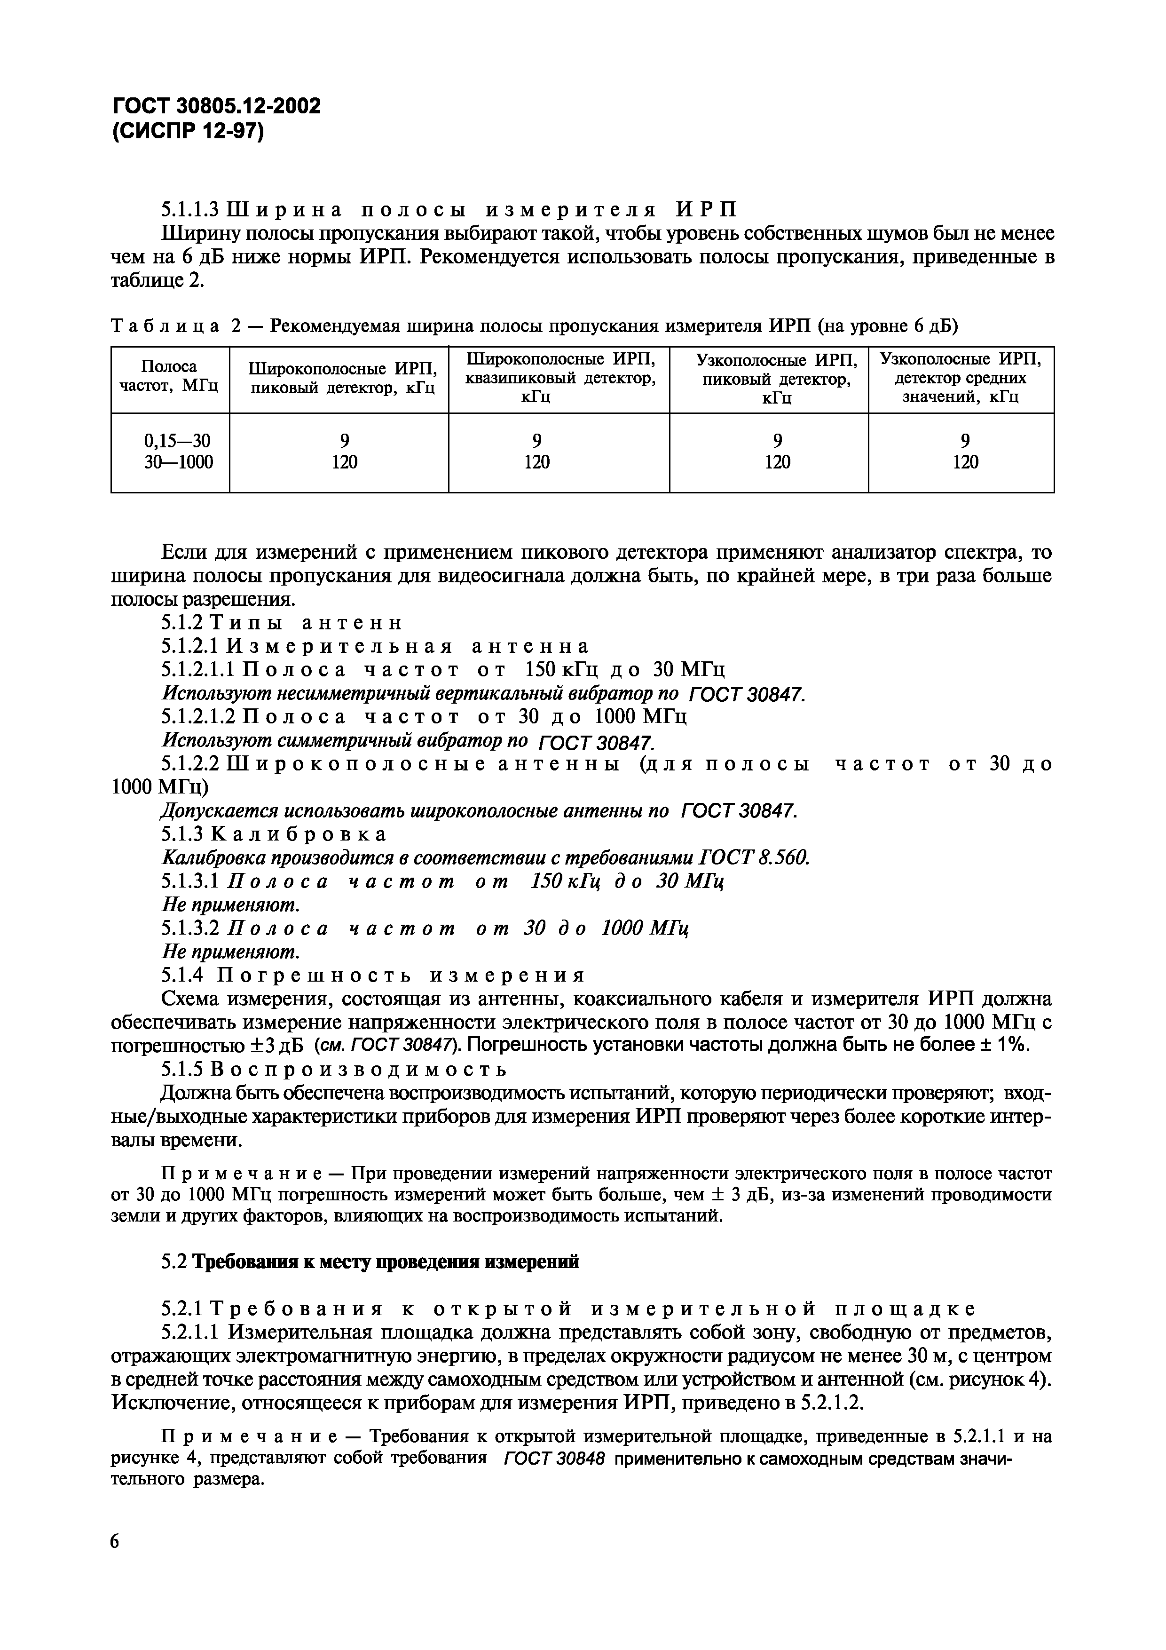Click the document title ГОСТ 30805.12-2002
(x=216, y=106)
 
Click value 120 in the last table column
(x=965, y=462)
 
